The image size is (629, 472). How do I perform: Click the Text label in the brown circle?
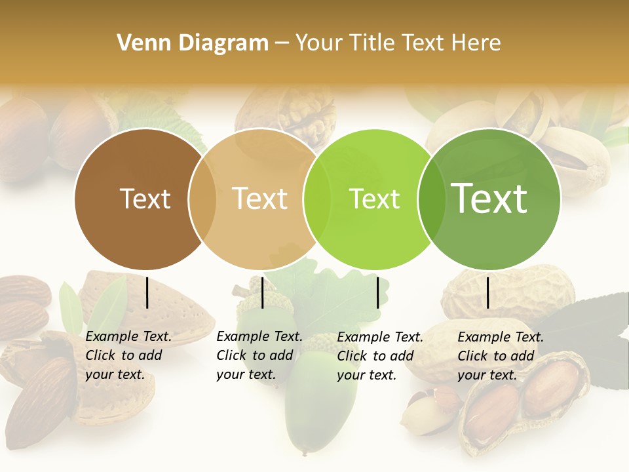tap(145, 199)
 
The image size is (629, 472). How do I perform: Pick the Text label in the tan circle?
tap(259, 199)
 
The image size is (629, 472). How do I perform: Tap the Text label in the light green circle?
tap(374, 199)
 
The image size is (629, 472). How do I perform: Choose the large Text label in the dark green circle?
tap(489, 199)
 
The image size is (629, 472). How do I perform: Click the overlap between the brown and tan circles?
tap(202, 199)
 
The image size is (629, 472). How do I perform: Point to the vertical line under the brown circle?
tap(147, 292)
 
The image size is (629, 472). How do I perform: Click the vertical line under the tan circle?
tap(262, 292)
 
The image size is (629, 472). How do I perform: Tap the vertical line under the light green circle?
tap(377, 292)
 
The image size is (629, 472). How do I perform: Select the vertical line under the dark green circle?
tap(487, 292)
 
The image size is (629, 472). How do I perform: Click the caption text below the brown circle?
tap(128, 355)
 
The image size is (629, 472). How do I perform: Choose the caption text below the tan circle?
tap(259, 355)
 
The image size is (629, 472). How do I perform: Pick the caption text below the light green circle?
tap(379, 356)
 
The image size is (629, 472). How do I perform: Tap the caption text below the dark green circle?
tap(500, 356)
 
